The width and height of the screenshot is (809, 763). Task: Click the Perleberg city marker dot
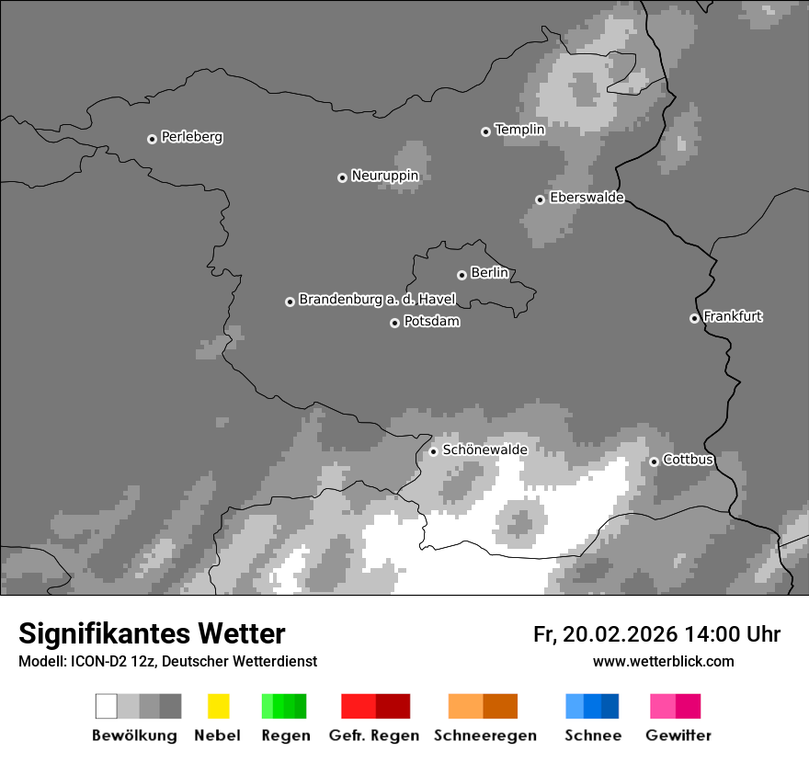[x=152, y=139]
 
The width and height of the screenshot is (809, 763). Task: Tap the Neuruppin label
[x=384, y=176]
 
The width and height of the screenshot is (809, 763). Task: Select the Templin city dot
[x=485, y=131]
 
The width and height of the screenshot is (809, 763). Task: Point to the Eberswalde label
[x=587, y=198]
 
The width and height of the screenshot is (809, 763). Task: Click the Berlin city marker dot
[x=461, y=275]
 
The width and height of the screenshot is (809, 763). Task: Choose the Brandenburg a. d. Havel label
[x=377, y=300]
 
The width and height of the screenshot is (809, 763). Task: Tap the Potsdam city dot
[x=394, y=323]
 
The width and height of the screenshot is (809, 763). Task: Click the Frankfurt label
[x=733, y=316]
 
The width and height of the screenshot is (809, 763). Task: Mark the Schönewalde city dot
[x=433, y=451]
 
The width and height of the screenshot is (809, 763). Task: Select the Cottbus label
[x=688, y=460]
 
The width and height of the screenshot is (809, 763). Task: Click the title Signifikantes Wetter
[x=152, y=633]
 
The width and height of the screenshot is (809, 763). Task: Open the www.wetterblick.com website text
[x=663, y=661]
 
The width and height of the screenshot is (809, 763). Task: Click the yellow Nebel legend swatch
[x=218, y=706]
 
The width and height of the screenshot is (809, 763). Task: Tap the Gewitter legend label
[x=678, y=735]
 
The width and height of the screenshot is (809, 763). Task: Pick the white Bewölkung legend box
[x=107, y=706]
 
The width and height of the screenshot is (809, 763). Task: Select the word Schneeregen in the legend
[x=484, y=735]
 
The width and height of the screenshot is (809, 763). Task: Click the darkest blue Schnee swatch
[x=610, y=706]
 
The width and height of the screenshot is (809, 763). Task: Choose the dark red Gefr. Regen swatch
[x=393, y=706]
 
